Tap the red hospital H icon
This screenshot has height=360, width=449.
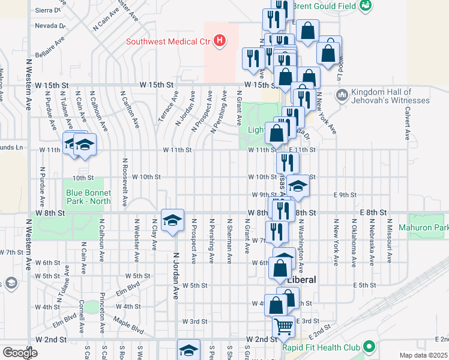220,41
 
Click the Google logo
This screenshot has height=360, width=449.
20,353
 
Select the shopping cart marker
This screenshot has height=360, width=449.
283,326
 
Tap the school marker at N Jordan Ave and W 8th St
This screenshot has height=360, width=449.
172,220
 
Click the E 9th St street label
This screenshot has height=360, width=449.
346,195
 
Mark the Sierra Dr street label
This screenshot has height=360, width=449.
50,10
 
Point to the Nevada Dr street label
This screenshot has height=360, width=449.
50,26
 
